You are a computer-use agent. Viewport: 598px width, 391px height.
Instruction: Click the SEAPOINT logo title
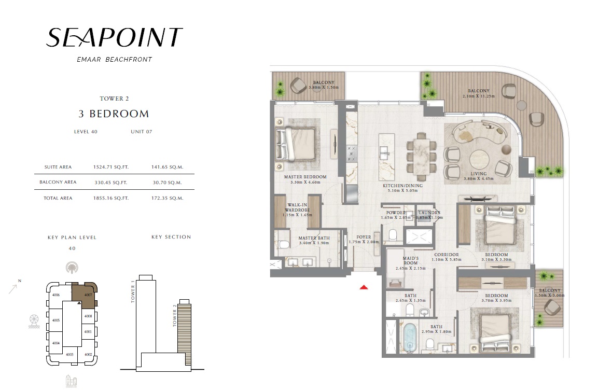pos(114,37)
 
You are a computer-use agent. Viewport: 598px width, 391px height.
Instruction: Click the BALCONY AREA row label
pos(58,183)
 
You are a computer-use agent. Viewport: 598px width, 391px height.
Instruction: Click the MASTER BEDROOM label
pos(305,177)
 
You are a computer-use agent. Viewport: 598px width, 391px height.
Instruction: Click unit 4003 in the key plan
pos(70,355)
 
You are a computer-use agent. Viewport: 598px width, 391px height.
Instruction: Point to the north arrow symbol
pos(13,288)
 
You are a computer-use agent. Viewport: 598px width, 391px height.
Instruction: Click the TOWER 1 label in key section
pos(133,293)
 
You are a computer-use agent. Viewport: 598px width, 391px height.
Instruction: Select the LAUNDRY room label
pos(429,213)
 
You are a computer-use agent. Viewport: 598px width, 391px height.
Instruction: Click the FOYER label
pos(364,237)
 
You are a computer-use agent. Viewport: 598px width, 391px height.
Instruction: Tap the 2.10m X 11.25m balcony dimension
pos(478,96)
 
